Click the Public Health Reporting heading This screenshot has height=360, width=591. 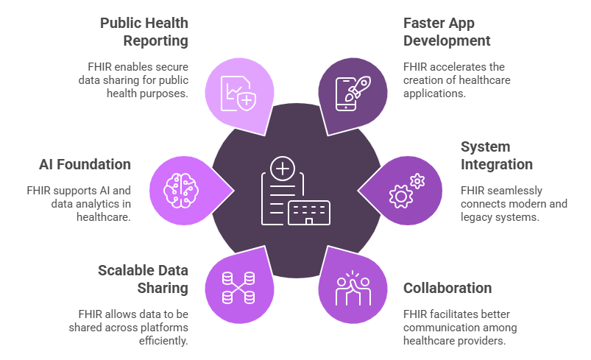point(144,32)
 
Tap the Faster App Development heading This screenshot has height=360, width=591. point(447,32)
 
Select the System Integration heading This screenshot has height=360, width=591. point(496,155)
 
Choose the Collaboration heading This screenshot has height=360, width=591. point(447,288)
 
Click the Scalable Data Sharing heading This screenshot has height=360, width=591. point(144,279)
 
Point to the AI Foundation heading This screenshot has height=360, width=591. point(85,164)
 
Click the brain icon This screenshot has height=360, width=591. point(181,191)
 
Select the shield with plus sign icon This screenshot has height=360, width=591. point(247,100)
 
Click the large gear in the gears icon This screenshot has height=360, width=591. point(400,197)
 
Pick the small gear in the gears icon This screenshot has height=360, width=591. point(417,181)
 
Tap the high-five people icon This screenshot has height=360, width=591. point(353,288)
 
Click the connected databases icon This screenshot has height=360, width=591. point(238,288)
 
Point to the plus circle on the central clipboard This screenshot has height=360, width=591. point(283,169)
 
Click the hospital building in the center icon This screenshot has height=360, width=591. point(309,213)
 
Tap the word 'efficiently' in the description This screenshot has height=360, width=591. point(163,341)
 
